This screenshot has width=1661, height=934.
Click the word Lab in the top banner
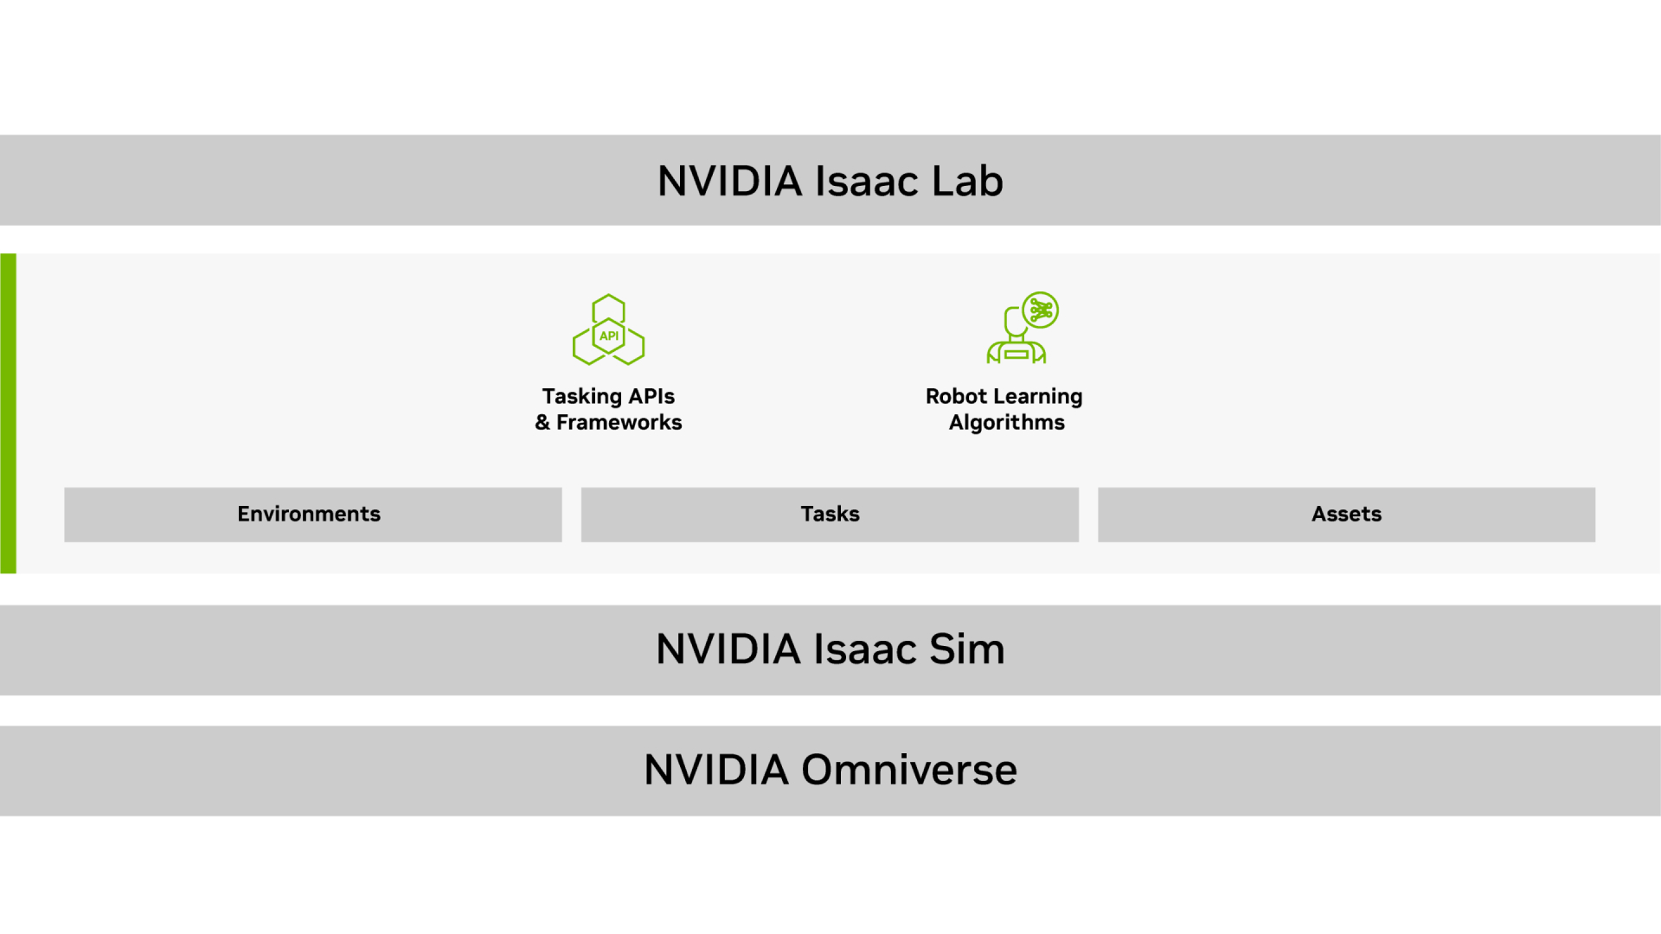tap(966, 182)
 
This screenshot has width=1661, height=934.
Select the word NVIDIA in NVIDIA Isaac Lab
tap(729, 182)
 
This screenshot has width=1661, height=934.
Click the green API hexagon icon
tap(608, 330)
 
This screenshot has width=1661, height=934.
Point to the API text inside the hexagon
tap(609, 336)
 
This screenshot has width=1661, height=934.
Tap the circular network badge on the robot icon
tap(1041, 310)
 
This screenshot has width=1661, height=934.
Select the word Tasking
tap(581, 396)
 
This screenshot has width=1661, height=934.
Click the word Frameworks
tap(619, 422)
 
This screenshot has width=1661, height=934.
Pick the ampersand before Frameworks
tap(542, 422)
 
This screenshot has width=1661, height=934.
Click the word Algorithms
tap(1006, 422)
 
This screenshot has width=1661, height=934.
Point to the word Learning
tap(1037, 396)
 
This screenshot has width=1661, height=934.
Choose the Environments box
tap(312, 515)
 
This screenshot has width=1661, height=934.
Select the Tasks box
tap(830, 515)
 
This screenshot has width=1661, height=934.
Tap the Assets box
tap(1346, 515)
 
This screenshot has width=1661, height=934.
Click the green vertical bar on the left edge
tap(8, 413)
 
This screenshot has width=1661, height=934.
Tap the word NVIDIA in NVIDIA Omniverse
tap(716, 770)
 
